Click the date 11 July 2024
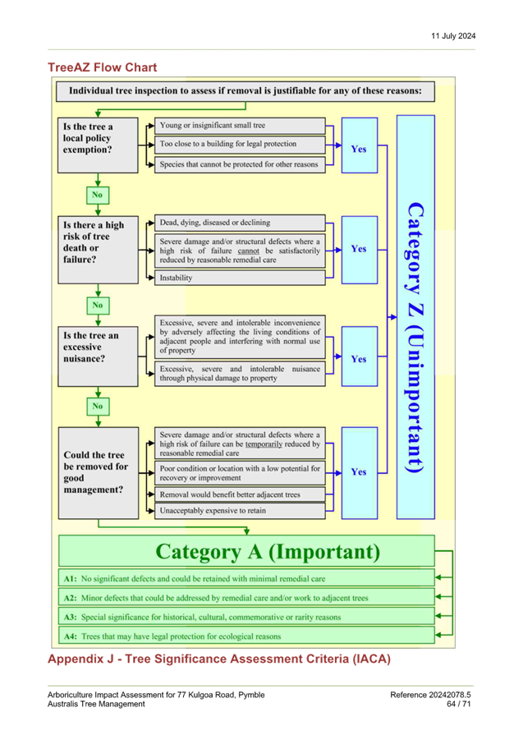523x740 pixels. click(453, 36)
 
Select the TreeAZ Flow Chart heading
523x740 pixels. click(103, 67)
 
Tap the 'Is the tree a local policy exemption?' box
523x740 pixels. click(98, 145)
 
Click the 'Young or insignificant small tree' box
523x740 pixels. click(240, 126)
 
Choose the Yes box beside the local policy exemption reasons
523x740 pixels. click(360, 145)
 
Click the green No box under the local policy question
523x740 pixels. click(98, 195)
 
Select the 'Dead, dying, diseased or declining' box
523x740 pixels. click(240, 223)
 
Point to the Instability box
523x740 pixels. click(240, 278)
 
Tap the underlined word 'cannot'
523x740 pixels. click(249, 251)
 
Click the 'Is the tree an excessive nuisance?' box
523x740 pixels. click(98, 356)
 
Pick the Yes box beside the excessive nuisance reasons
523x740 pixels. click(360, 356)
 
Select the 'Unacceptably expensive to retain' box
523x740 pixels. click(240, 511)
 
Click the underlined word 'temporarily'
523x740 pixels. click(264, 444)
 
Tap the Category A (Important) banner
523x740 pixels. click(246, 551)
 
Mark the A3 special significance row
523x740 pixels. click(246, 617)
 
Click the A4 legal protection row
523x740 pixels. click(246, 637)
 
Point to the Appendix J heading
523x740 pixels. click(219, 659)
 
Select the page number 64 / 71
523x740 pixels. click(458, 704)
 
